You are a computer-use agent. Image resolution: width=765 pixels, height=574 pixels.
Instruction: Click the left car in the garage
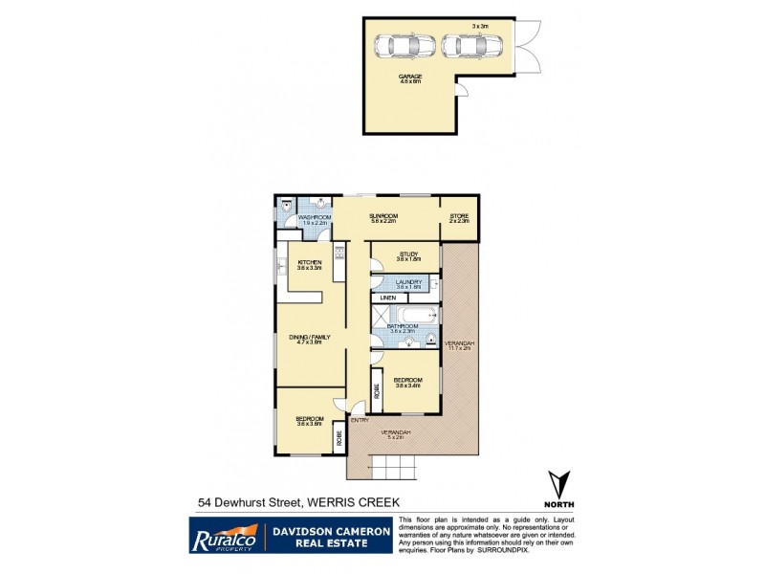click(403, 45)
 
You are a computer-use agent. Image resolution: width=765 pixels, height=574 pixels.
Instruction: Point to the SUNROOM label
click(383, 216)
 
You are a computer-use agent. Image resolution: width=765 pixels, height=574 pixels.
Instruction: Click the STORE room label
click(459, 216)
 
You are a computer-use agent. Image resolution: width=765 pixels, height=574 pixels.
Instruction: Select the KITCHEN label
click(309, 262)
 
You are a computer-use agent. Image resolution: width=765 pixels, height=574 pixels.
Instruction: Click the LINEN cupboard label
click(388, 298)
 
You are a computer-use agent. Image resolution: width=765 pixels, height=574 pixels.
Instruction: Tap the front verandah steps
click(394, 468)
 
